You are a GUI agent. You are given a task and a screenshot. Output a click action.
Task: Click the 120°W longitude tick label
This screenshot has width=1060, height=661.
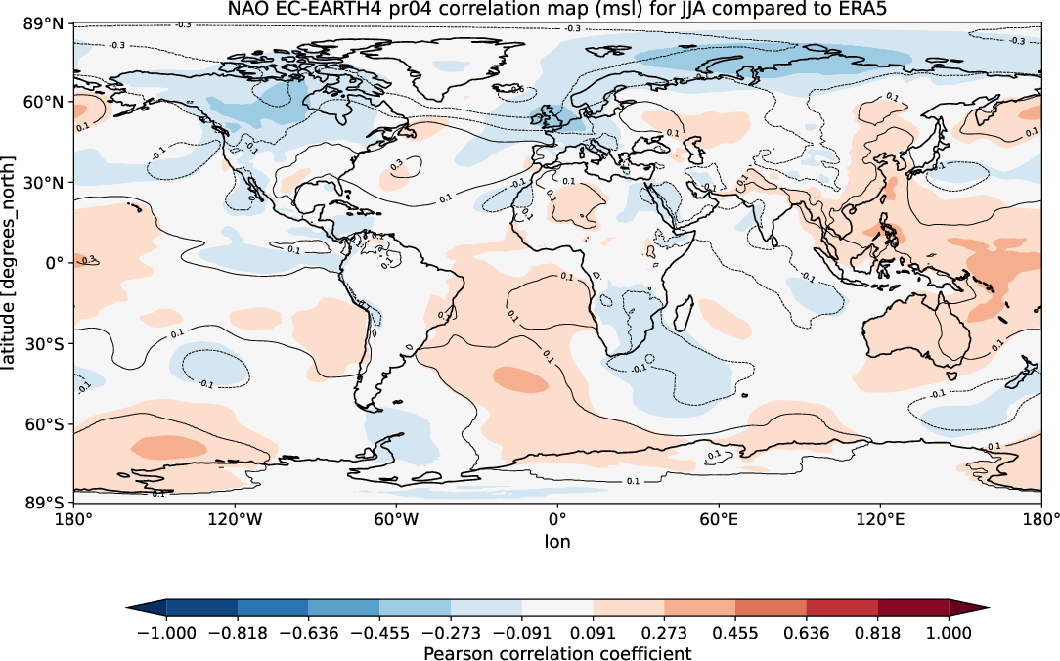236,520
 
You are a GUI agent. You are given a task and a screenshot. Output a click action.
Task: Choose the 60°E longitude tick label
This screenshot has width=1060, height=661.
718,520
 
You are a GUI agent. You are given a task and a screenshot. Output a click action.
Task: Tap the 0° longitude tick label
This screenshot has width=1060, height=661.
557,520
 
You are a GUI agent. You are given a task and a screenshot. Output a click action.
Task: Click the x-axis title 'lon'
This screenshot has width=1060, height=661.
557,541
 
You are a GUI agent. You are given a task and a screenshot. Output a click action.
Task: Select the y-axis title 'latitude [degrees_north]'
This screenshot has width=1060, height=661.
11,262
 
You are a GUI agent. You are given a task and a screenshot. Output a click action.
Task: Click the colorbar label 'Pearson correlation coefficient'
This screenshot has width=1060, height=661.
557,652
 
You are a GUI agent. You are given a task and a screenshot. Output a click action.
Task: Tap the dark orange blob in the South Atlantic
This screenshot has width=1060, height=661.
520,378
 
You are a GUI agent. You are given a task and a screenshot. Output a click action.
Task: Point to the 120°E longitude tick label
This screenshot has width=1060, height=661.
878,520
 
